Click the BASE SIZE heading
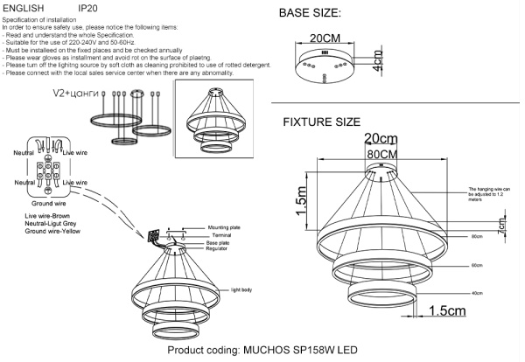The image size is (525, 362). [x=322, y=15]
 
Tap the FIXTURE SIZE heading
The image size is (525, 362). [x=333, y=122]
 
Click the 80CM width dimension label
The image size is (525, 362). [x=378, y=154]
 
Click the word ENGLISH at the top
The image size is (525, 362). [x=24, y=6]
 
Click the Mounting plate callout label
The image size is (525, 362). [x=224, y=225]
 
